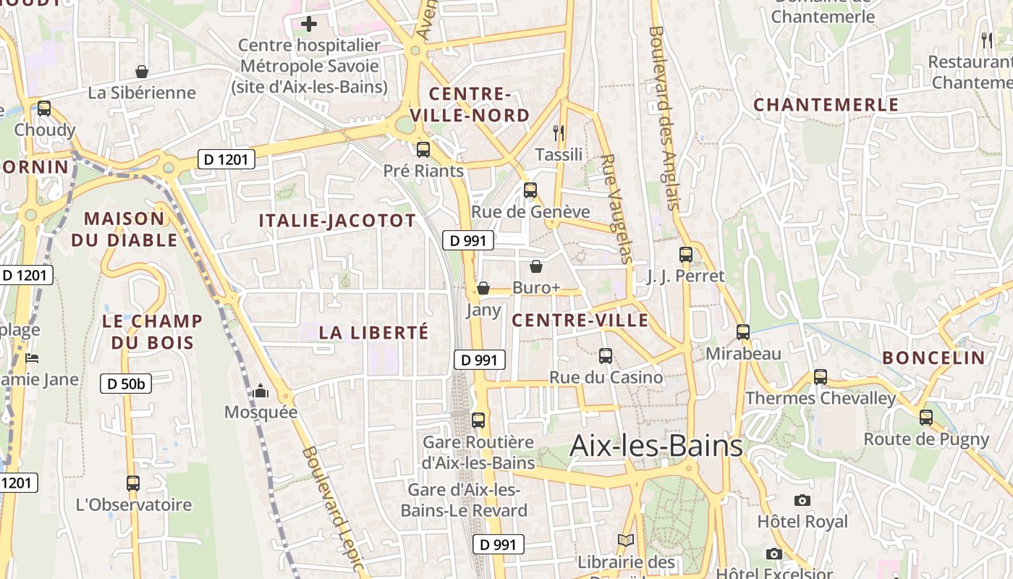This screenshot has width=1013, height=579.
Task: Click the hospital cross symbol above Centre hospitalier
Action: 309,24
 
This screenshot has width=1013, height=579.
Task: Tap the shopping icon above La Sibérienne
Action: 142,72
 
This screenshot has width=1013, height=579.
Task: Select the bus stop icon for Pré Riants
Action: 423,150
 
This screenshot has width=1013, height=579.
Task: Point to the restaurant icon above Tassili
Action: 559,132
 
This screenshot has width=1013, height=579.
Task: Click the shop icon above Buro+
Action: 536,266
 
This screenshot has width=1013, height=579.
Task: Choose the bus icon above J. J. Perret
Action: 686,255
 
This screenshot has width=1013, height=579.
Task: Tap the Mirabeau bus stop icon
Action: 743,332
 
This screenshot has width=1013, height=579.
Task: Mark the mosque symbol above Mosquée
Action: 260,392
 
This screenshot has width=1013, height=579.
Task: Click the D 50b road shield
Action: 126,384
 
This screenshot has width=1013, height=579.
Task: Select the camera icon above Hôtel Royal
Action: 802,500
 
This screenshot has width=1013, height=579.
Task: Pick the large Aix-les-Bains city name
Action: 656,446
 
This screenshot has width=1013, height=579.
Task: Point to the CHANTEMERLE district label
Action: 826,105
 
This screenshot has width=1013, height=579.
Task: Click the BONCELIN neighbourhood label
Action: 934,358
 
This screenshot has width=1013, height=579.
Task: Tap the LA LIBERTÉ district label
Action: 374,333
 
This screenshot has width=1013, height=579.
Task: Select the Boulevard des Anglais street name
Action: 665,118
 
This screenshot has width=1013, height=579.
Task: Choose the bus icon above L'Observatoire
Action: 133,483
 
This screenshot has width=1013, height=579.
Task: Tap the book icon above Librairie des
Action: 626,541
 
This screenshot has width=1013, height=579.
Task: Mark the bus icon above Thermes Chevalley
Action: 821,377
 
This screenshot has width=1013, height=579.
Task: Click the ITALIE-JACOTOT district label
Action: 338,221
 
